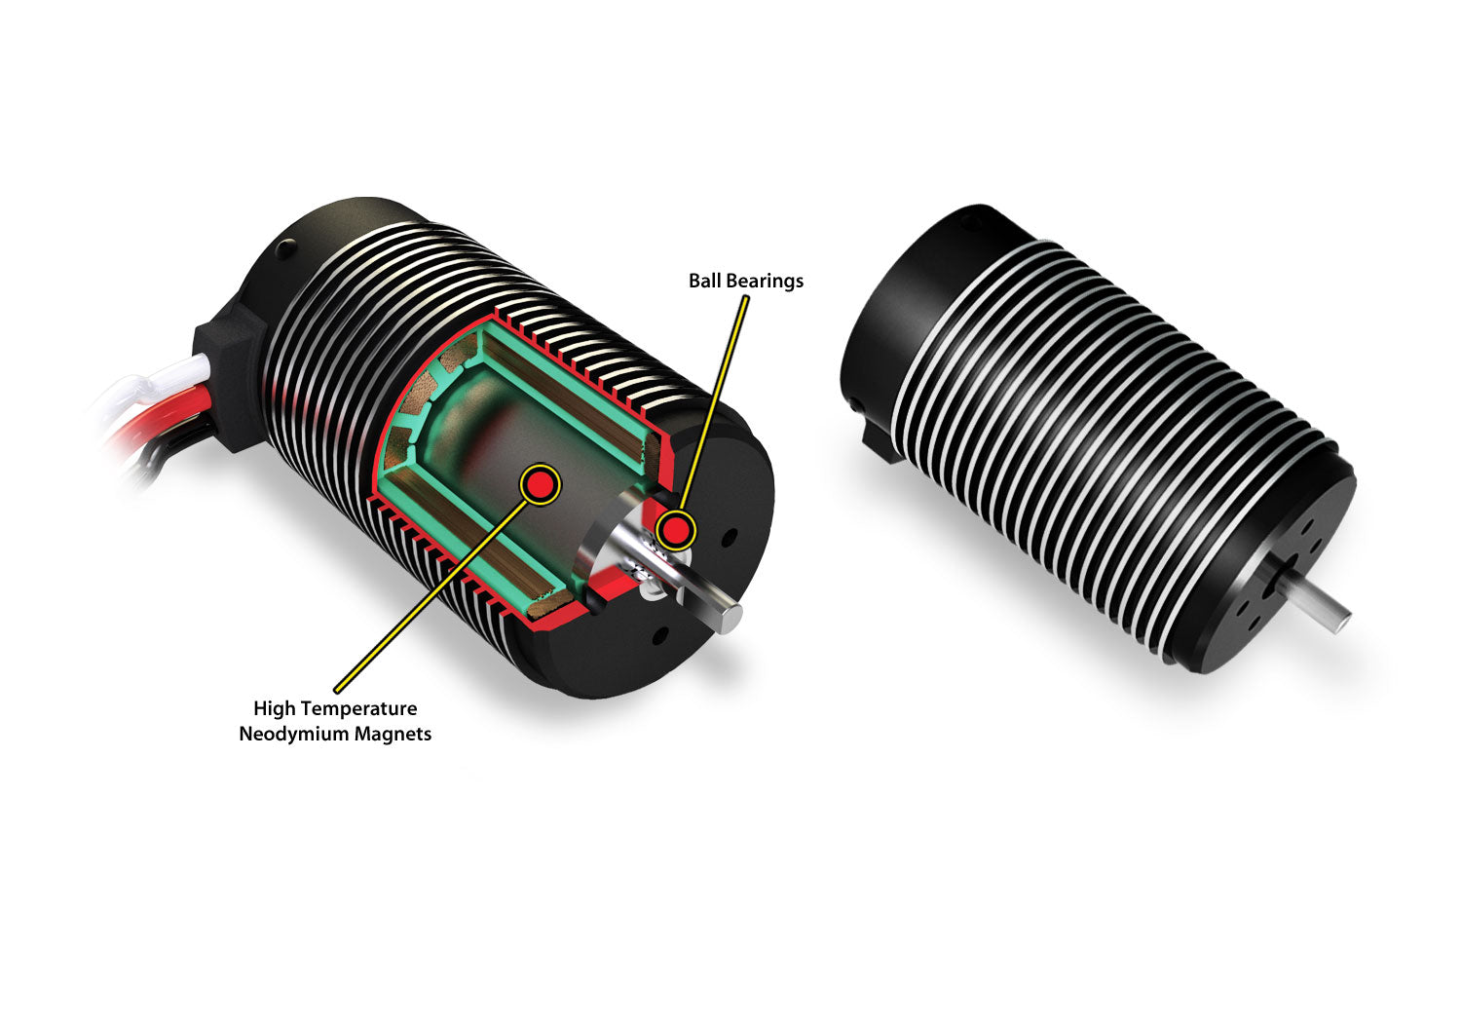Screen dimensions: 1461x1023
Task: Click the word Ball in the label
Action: click(704, 281)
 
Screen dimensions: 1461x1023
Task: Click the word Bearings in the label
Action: click(765, 282)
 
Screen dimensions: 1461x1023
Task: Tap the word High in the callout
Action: click(274, 708)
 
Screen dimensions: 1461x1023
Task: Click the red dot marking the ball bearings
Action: click(675, 530)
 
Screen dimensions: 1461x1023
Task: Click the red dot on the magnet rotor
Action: click(540, 484)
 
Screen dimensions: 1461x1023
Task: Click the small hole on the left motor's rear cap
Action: click(285, 249)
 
